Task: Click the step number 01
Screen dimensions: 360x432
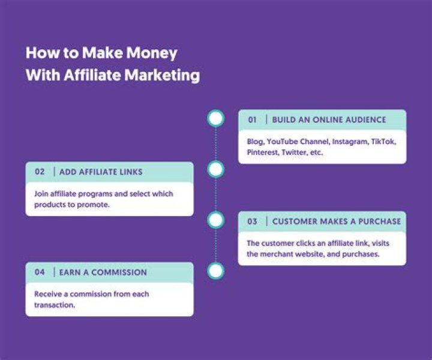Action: pyautogui.click(x=253, y=120)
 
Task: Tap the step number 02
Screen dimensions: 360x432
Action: pyautogui.click(x=40, y=172)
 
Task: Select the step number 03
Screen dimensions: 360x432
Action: pyautogui.click(x=253, y=221)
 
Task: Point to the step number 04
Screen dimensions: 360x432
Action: pyautogui.click(x=40, y=272)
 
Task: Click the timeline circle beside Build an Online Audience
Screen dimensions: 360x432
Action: pyautogui.click(x=215, y=118)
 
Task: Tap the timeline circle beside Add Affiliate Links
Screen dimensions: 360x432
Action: pyautogui.click(x=215, y=170)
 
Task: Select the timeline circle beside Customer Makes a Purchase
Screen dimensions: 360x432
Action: pyautogui.click(x=215, y=220)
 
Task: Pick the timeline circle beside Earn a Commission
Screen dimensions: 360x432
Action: pyautogui.click(x=215, y=271)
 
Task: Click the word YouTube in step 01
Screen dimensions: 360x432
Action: pyautogui.click(x=283, y=142)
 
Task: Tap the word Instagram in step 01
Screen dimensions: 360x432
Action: pyautogui.click(x=351, y=142)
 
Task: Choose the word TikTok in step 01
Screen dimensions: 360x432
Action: pyautogui.click(x=383, y=142)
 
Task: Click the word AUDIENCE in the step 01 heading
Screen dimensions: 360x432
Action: pyautogui.click(x=363, y=120)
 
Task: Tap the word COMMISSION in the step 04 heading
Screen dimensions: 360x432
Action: pyautogui.click(x=118, y=272)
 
